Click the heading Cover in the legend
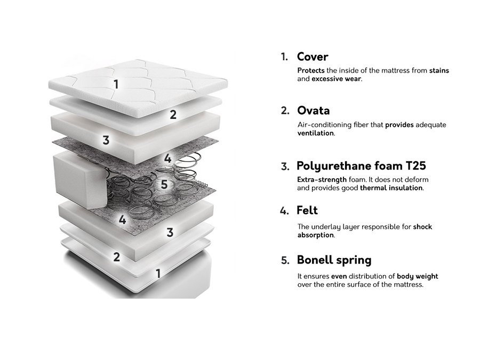point(312,57)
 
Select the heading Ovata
point(313,110)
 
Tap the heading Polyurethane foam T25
point(361,166)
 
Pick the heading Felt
point(307,210)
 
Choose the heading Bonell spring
point(334,260)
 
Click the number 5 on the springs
point(164,185)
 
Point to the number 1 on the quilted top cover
point(116,84)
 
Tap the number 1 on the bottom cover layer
point(158,274)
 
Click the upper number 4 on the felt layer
point(168,158)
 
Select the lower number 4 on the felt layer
point(123,220)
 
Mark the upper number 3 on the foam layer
point(106,140)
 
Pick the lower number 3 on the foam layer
point(170,233)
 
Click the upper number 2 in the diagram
point(173,115)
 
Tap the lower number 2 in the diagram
point(117,257)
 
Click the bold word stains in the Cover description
point(439,70)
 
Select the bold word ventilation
point(316,133)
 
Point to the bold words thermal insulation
point(391,188)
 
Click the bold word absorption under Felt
point(316,235)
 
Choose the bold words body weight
point(418,276)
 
